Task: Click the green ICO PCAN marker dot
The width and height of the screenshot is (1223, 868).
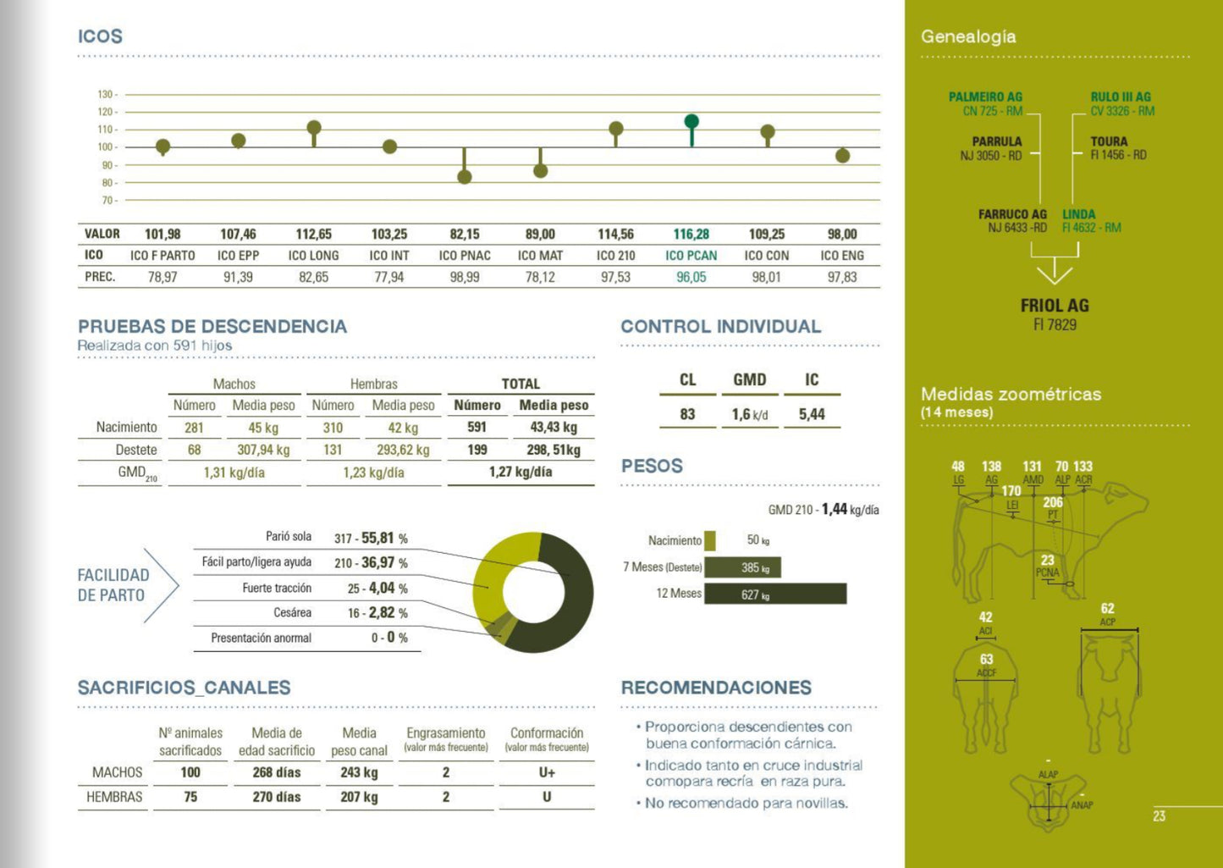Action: [691, 121]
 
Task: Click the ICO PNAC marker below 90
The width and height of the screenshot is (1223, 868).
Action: [465, 176]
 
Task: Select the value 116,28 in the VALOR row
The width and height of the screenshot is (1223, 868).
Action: [691, 234]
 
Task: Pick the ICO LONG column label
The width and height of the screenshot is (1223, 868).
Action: [313, 256]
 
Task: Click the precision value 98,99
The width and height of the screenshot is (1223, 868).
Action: [465, 277]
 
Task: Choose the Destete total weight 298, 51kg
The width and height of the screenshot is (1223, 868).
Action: [554, 450]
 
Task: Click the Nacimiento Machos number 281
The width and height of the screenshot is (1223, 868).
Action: [194, 428]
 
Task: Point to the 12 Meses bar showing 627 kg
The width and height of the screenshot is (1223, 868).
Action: [774, 594]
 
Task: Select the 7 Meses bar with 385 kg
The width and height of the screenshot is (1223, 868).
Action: [742, 567]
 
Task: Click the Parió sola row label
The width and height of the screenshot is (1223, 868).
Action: [289, 537]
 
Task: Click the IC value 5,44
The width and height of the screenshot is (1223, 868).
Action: [812, 414]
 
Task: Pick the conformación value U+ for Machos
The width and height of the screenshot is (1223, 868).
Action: [547, 772]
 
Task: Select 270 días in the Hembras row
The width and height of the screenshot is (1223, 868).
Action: [277, 797]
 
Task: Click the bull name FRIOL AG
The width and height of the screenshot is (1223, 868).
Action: [1055, 306]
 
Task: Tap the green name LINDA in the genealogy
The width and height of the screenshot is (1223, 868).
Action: [1079, 214]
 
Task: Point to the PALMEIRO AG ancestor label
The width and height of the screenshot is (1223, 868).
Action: [985, 97]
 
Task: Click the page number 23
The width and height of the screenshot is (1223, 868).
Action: [1159, 816]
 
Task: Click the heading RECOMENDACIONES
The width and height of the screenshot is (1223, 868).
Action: [716, 688]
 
